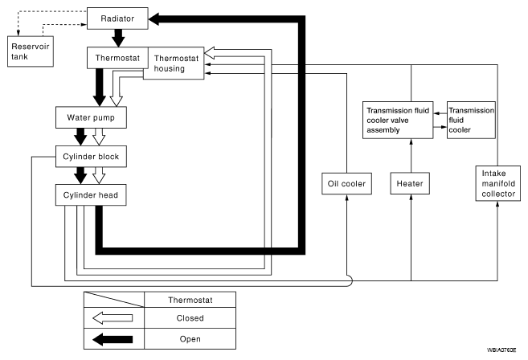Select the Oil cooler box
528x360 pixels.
(x=346, y=184)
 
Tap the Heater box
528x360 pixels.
(x=411, y=184)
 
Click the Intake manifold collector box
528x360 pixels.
(x=497, y=184)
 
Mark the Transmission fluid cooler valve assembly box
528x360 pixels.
(x=401, y=121)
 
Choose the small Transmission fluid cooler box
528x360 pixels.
(x=470, y=121)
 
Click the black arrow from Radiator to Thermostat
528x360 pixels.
(x=117, y=38)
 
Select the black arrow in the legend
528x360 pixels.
(x=113, y=338)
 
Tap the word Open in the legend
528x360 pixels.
(x=190, y=338)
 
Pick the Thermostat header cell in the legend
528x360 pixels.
(x=190, y=298)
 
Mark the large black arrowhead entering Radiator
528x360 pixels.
(x=158, y=18)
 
